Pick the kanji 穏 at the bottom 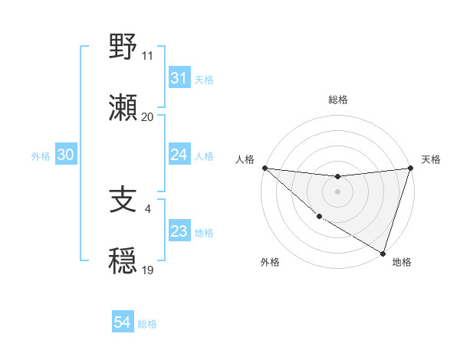(x=124, y=261)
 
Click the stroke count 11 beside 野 (x=147, y=56)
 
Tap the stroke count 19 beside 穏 (x=147, y=270)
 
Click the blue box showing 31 (x=179, y=78)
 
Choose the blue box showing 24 (x=179, y=155)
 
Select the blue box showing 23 (x=179, y=231)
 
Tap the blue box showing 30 (x=65, y=155)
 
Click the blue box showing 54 (x=122, y=323)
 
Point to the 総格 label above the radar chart (x=338, y=100)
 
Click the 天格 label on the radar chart (x=431, y=159)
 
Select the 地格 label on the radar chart (x=402, y=263)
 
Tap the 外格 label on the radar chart (x=270, y=263)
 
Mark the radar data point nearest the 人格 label (x=264, y=168)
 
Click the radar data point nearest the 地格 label (x=383, y=253)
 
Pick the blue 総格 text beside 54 (x=147, y=324)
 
